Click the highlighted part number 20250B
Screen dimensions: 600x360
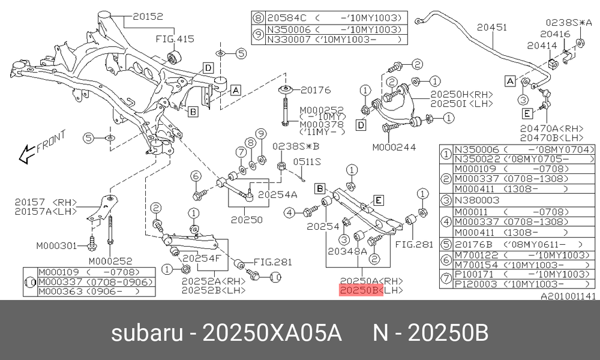click(x=361, y=290)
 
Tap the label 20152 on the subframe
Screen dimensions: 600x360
click(x=148, y=16)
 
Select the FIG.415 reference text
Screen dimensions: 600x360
click(x=175, y=38)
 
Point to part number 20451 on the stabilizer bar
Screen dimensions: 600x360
click(x=492, y=27)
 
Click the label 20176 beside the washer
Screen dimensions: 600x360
click(x=316, y=90)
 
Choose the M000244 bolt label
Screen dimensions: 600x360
click(x=394, y=147)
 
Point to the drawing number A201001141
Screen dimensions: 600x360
click(x=568, y=296)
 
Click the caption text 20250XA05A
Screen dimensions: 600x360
click(x=272, y=333)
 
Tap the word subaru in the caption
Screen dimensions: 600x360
click(x=147, y=333)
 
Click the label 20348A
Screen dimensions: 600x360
click(x=347, y=251)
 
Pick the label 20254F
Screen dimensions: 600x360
click(x=201, y=258)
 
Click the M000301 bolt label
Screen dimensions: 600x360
click(x=56, y=245)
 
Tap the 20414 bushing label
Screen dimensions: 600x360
click(x=542, y=45)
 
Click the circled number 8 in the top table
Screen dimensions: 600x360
click(x=259, y=17)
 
